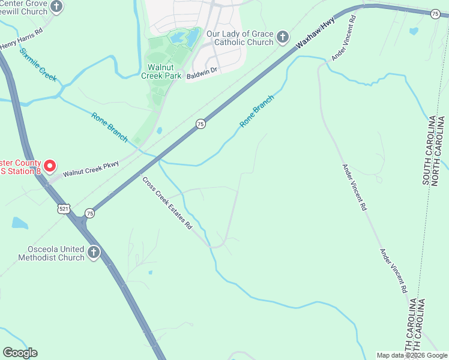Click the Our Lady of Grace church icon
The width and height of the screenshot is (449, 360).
click(283, 38)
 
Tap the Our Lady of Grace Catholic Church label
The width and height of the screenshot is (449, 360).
click(240, 38)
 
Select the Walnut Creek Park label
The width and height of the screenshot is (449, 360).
click(161, 71)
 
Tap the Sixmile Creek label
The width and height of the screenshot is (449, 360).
click(38, 65)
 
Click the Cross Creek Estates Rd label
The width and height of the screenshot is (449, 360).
click(167, 203)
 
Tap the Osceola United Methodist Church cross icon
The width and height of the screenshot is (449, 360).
click(93, 253)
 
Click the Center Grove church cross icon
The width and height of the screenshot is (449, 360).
click(56, 7)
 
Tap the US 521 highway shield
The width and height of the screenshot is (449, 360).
click(64, 209)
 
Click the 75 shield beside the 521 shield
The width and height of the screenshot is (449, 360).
click(89, 213)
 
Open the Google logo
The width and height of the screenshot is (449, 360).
click(20, 353)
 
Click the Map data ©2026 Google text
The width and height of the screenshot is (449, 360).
click(412, 355)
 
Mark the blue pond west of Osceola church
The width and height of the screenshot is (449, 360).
click(19, 223)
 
